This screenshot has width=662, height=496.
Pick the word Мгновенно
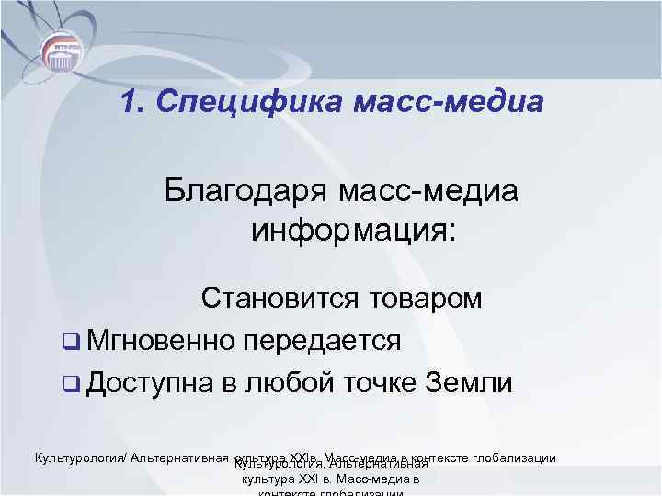pyautogui.click(x=162, y=341)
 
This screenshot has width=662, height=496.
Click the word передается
pyautogui.click(x=323, y=341)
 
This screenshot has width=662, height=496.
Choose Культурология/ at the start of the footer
pyautogui.click(x=81, y=457)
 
